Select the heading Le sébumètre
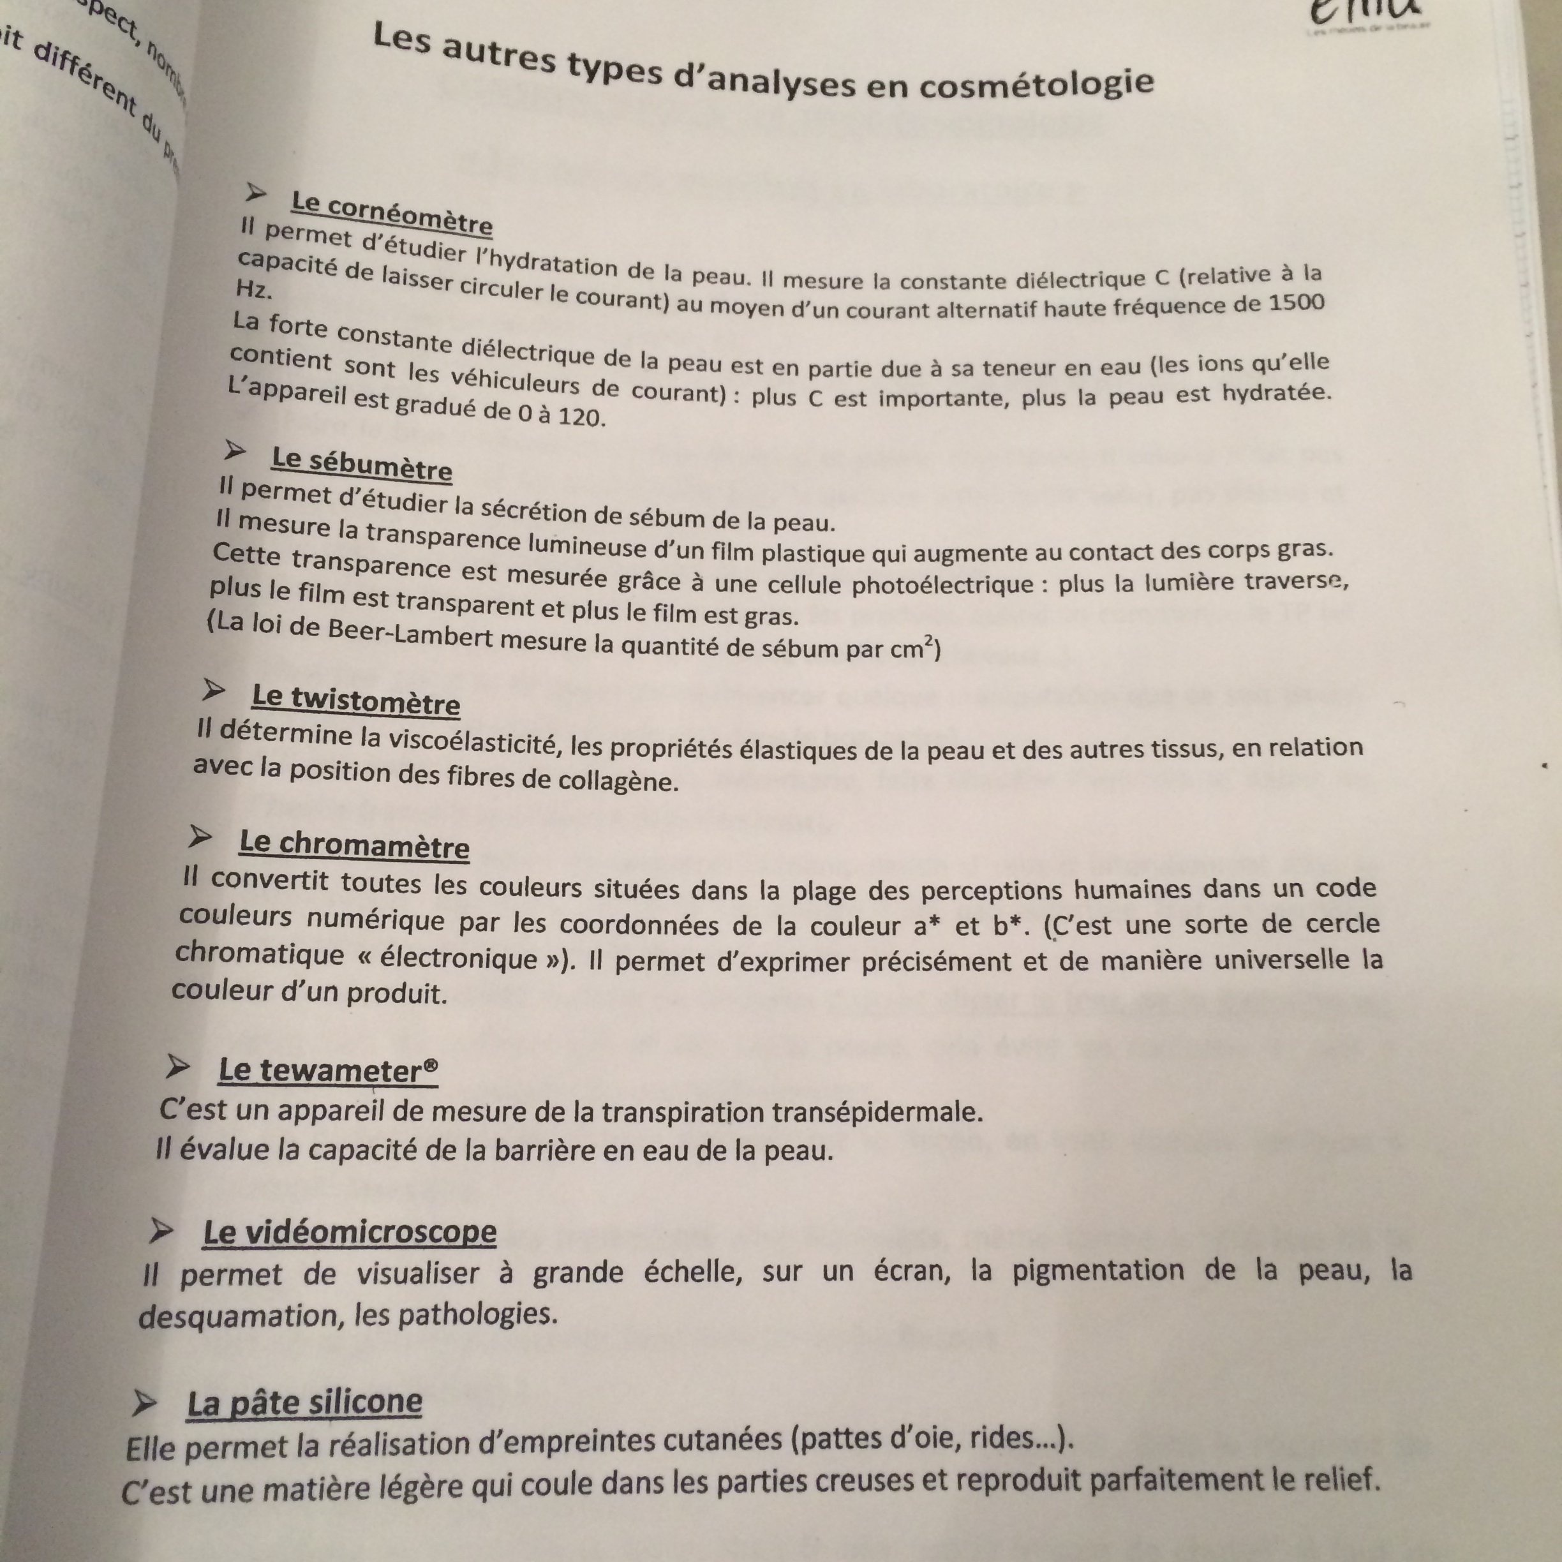click(361, 463)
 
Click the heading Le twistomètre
click(356, 699)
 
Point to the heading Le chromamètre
click(354, 845)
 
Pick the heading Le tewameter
click(328, 1071)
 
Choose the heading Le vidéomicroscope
click(349, 1232)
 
